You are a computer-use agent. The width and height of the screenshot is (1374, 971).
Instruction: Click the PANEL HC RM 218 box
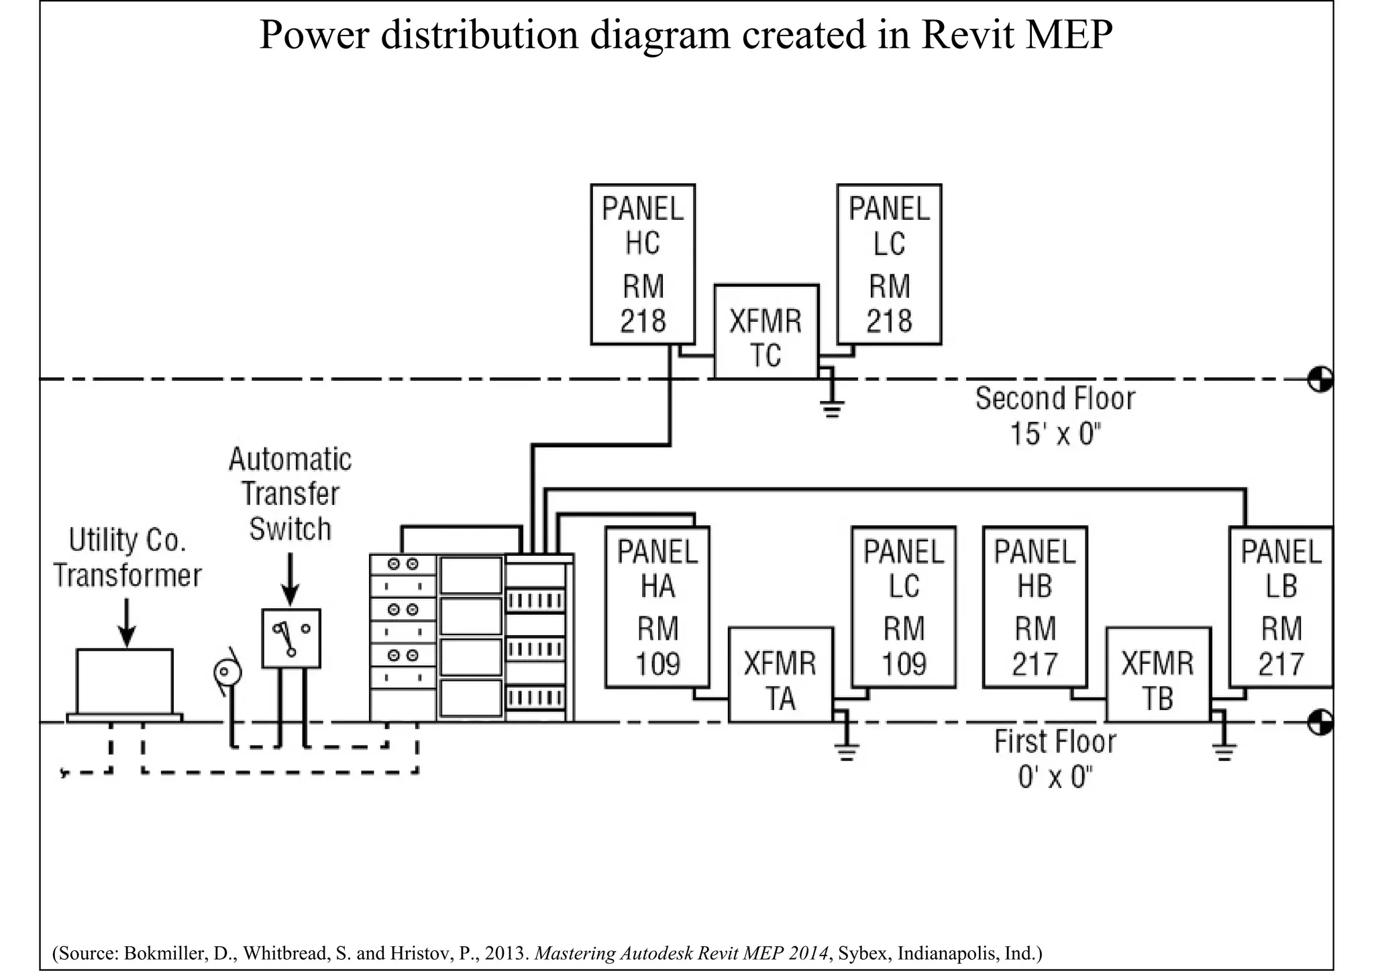tap(643, 265)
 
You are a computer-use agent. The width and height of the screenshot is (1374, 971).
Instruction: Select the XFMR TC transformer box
tap(766, 332)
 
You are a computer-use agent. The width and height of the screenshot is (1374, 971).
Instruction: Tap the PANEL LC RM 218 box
tap(889, 265)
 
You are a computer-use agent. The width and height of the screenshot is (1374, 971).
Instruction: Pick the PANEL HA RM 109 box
tap(657, 608)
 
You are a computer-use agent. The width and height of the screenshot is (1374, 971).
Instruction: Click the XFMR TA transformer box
tap(781, 675)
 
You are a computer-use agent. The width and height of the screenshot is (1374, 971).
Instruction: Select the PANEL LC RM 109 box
tap(904, 608)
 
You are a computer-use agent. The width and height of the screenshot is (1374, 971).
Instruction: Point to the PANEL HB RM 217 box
tap(1035, 608)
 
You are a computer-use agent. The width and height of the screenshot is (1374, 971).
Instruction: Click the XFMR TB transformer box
tap(1158, 675)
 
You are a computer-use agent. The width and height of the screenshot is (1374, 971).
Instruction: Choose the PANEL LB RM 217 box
tap(1281, 608)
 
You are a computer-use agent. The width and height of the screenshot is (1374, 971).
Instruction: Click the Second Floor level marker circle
tap(1320, 380)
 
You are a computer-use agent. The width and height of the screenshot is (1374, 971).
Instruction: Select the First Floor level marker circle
tap(1320, 722)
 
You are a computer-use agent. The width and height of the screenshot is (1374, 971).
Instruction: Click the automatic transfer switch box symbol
tap(291, 638)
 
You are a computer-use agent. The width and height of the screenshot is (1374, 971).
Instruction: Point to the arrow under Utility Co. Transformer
tap(127, 624)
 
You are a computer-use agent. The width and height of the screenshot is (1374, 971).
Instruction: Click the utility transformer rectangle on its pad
tap(125, 681)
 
